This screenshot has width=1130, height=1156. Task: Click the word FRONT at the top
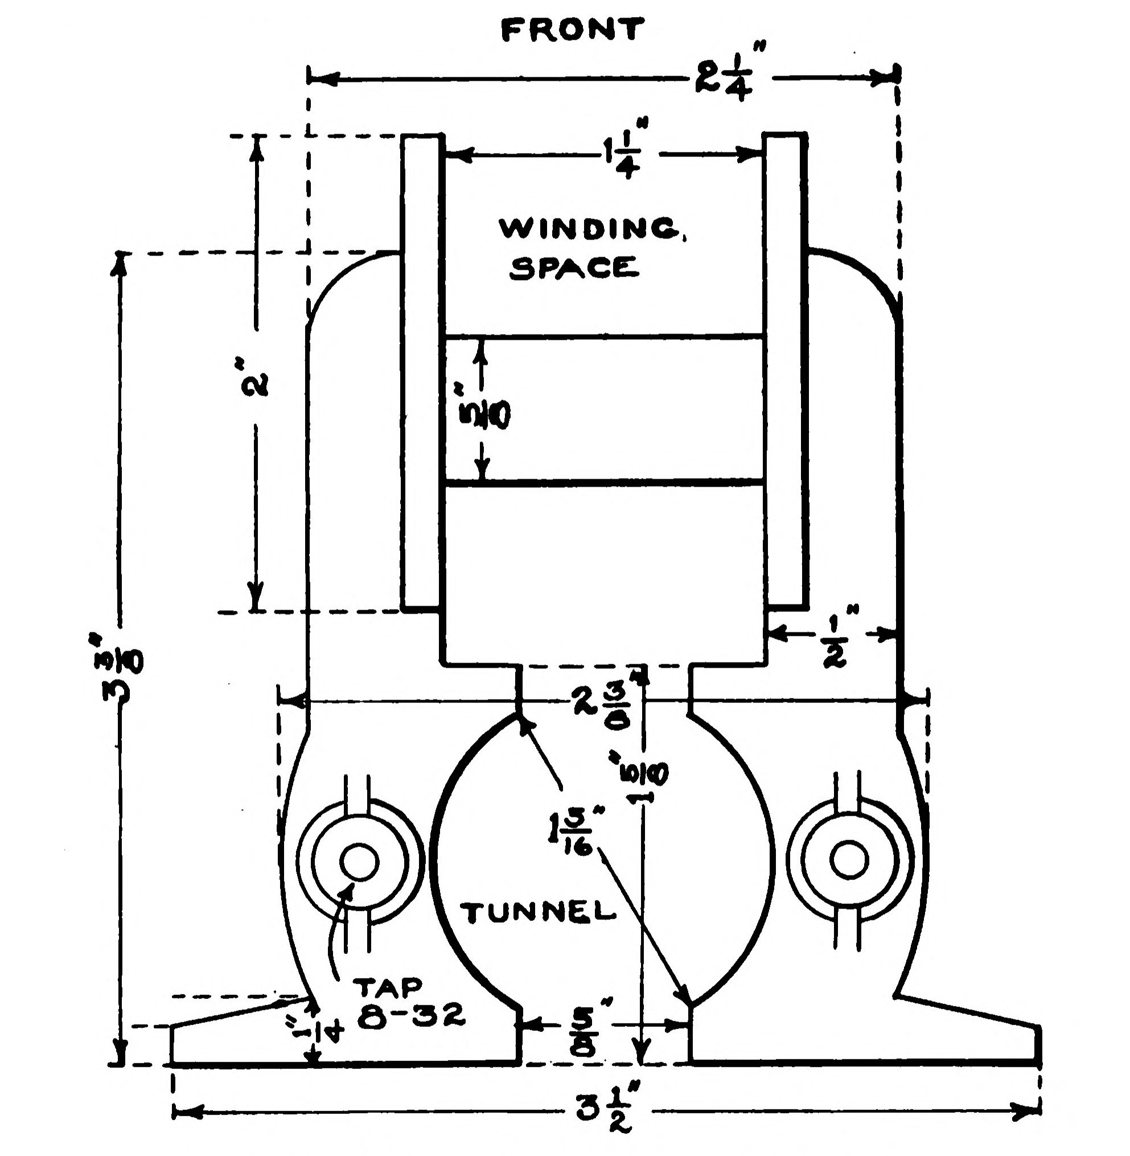pyautogui.click(x=573, y=30)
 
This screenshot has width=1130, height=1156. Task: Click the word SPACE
pyautogui.click(x=574, y=268)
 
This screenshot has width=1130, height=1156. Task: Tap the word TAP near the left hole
pyautogui.click(x=388, y=986)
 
